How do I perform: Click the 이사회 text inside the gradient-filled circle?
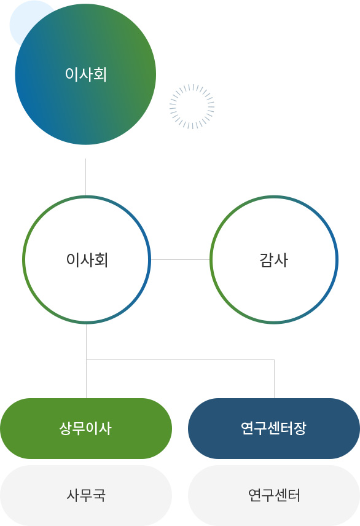click(86, 74)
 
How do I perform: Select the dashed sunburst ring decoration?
click(192, 106)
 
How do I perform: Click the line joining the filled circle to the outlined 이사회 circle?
click(85, 177)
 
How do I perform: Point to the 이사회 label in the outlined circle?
click(87, 260)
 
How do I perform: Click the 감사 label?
click(274, 260)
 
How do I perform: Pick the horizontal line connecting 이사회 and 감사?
click(180, 259)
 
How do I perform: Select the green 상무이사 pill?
click(86, 428)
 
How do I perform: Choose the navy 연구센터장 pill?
click(274, 428)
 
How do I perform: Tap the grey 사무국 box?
click(86, 495)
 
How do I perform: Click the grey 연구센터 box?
click(274, 495)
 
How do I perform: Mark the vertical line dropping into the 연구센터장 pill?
click(274, 379)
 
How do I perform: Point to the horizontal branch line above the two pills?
click(180, 359)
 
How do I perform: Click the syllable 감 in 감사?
click(267, 260)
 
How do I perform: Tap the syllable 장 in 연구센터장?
click(300, 428)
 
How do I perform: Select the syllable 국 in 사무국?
click(100, 495)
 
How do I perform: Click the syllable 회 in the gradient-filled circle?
click(100, 74)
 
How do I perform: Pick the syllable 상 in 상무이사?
click(66, 428)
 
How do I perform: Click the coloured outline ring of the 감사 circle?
click(211, 259)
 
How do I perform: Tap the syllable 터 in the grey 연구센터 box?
click(294, 495)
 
